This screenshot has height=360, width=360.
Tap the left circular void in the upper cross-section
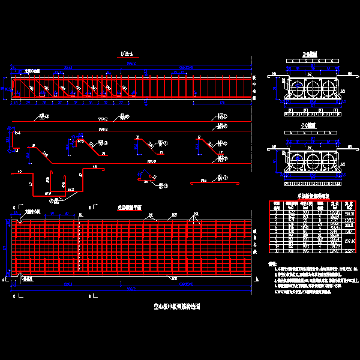pos(297,89)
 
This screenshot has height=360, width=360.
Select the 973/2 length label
pos(103,118)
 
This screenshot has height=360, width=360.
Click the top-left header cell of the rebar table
pos(275,204)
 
